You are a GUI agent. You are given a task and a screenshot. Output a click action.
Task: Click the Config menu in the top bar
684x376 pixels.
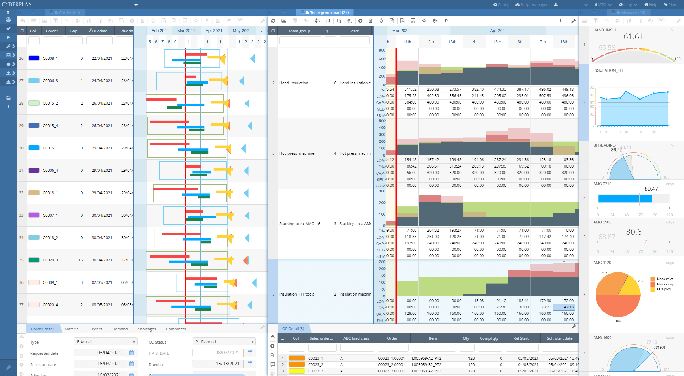[x=501, y=5]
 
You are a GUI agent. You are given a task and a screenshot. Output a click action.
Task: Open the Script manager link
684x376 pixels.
[x=532, y=5]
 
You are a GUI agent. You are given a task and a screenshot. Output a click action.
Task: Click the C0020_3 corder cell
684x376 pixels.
[x=50, y=260]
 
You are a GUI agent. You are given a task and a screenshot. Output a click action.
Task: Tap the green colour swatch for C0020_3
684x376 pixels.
[x=34, y=260]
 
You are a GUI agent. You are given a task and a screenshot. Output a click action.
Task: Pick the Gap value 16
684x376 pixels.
[x=81, y=260]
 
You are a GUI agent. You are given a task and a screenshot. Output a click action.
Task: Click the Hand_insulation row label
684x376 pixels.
[x=294, y=83]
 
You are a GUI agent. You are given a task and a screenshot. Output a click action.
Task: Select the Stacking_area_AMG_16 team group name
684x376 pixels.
[x=300, y=224]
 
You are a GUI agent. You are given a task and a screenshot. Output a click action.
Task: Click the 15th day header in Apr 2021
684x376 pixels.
[x=497, y=42]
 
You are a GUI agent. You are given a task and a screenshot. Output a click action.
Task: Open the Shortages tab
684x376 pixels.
[x=147, y=329]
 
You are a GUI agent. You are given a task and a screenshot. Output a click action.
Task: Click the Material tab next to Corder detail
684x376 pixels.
[x=72, y=329]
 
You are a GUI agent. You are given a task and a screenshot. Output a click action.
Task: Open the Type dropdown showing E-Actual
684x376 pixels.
[x=106, y=342]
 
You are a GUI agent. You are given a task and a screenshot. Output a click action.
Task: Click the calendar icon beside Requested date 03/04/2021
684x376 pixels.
[x=131, y=353]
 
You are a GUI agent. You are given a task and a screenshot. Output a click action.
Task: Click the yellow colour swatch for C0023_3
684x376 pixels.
[x=297, y=371]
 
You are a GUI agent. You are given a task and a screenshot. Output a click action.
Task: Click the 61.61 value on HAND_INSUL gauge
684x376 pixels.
[x=633, y=37]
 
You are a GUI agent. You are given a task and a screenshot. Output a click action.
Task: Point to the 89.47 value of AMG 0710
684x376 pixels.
[x=651, y=189]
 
